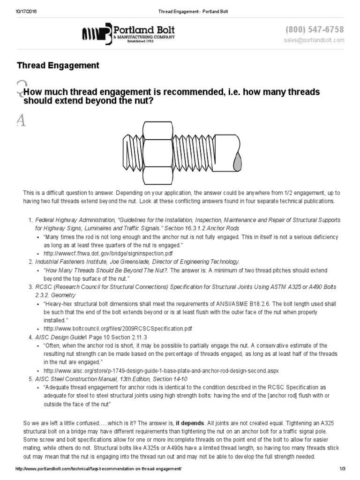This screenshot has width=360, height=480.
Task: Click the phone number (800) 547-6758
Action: click(x=314, y=30)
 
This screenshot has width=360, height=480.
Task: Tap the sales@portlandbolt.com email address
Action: click(x=314, y=40)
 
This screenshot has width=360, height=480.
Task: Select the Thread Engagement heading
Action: click(x=58, y=65)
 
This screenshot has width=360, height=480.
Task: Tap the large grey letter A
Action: click(x=20, y=121)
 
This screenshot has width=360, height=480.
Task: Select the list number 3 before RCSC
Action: click(x=30, y=286)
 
